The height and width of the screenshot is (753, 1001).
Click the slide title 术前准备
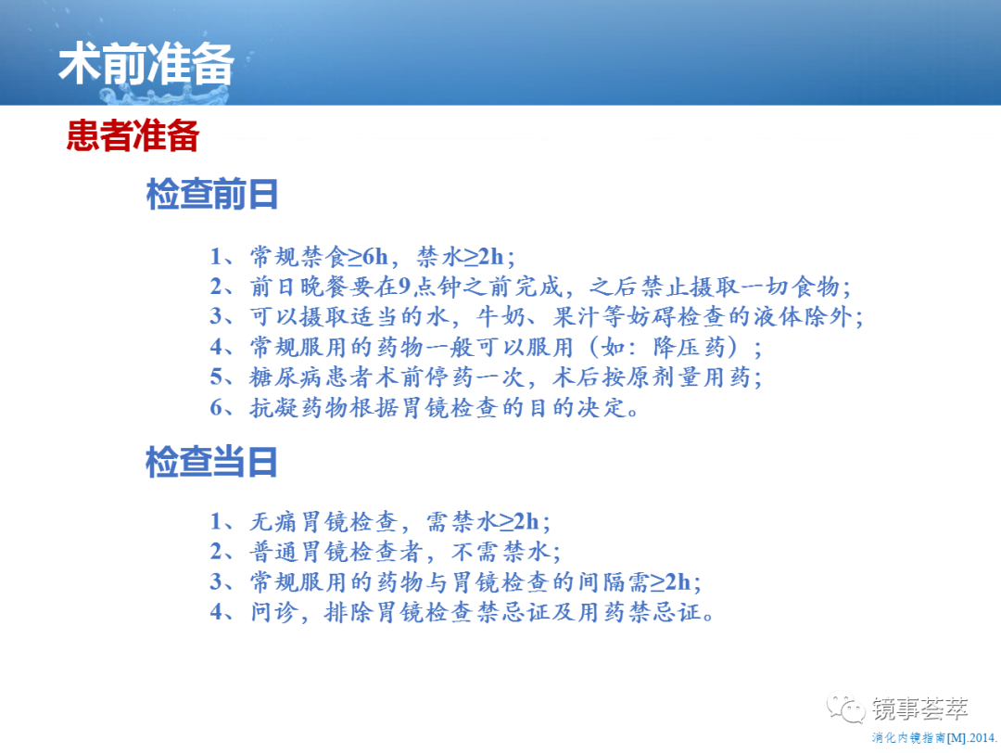[146, 64]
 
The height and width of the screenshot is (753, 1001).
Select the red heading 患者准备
[133, 135]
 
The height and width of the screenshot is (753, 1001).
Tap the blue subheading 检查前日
[212, 194]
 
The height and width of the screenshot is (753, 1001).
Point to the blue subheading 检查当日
[211, 462]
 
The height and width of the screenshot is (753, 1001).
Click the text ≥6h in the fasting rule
[368, 257]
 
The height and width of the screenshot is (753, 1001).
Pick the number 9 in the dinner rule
[404, 287]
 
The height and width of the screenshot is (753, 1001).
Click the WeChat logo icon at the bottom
[845, 708]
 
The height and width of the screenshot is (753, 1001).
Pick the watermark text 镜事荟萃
[920, 708]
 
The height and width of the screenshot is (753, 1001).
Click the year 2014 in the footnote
[982, 738]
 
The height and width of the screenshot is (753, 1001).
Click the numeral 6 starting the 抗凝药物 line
[217, 407]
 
